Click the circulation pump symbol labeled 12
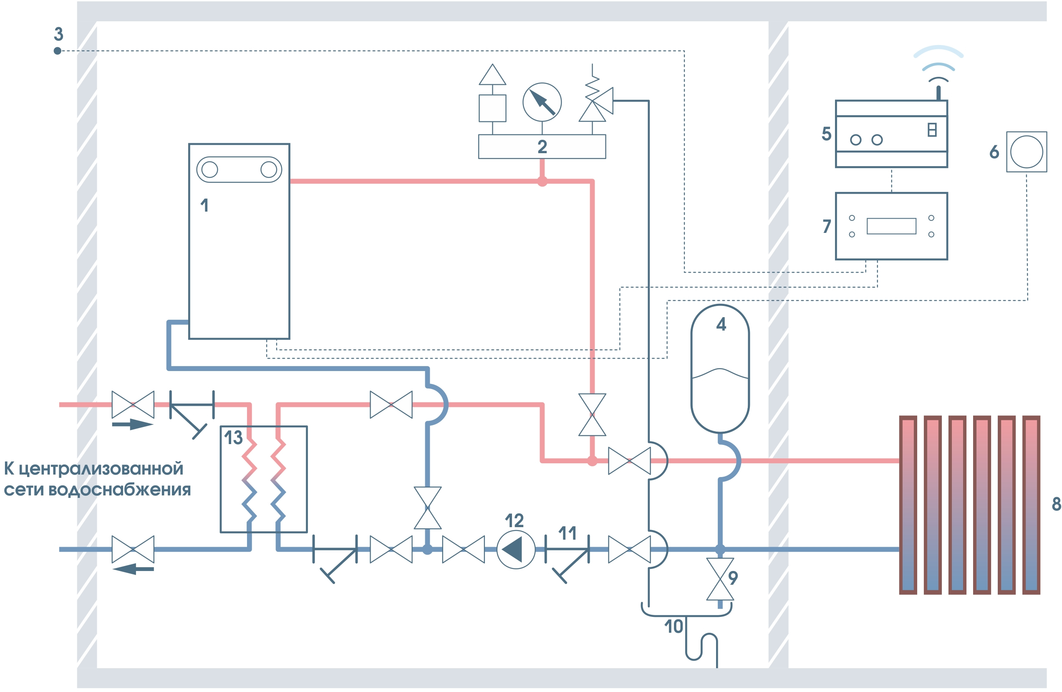tap(516, 549)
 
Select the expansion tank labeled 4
tap(720, 369)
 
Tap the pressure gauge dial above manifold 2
tap(542, 102)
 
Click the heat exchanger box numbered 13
tap(264, 479)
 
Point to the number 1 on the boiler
tap(204, 205)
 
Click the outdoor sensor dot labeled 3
tap(58, 51)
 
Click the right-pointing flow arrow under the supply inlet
tap(133, 424)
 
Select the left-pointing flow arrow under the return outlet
tap(133, 569)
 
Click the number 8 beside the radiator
tap(1056, 504)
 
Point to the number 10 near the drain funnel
tap(674, 627)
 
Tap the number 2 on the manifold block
tap(542, 147)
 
